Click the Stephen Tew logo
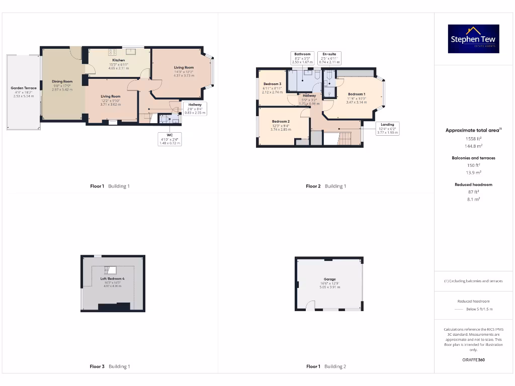473,39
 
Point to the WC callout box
169,139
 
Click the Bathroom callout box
302,58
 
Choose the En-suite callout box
329,58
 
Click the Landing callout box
387,128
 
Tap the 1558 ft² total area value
473,138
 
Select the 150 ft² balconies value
473,165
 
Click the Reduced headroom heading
473,184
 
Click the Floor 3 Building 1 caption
110,366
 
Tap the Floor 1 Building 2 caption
326,366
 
